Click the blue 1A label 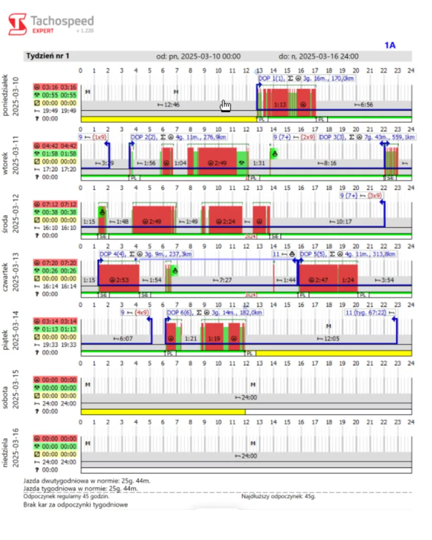[x=390, y=45]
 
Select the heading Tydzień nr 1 [x=48, y=56]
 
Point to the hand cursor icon [x=226, y=105]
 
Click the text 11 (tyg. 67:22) [x=369, y=313]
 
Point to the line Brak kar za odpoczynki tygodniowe [x=75, y=504]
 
